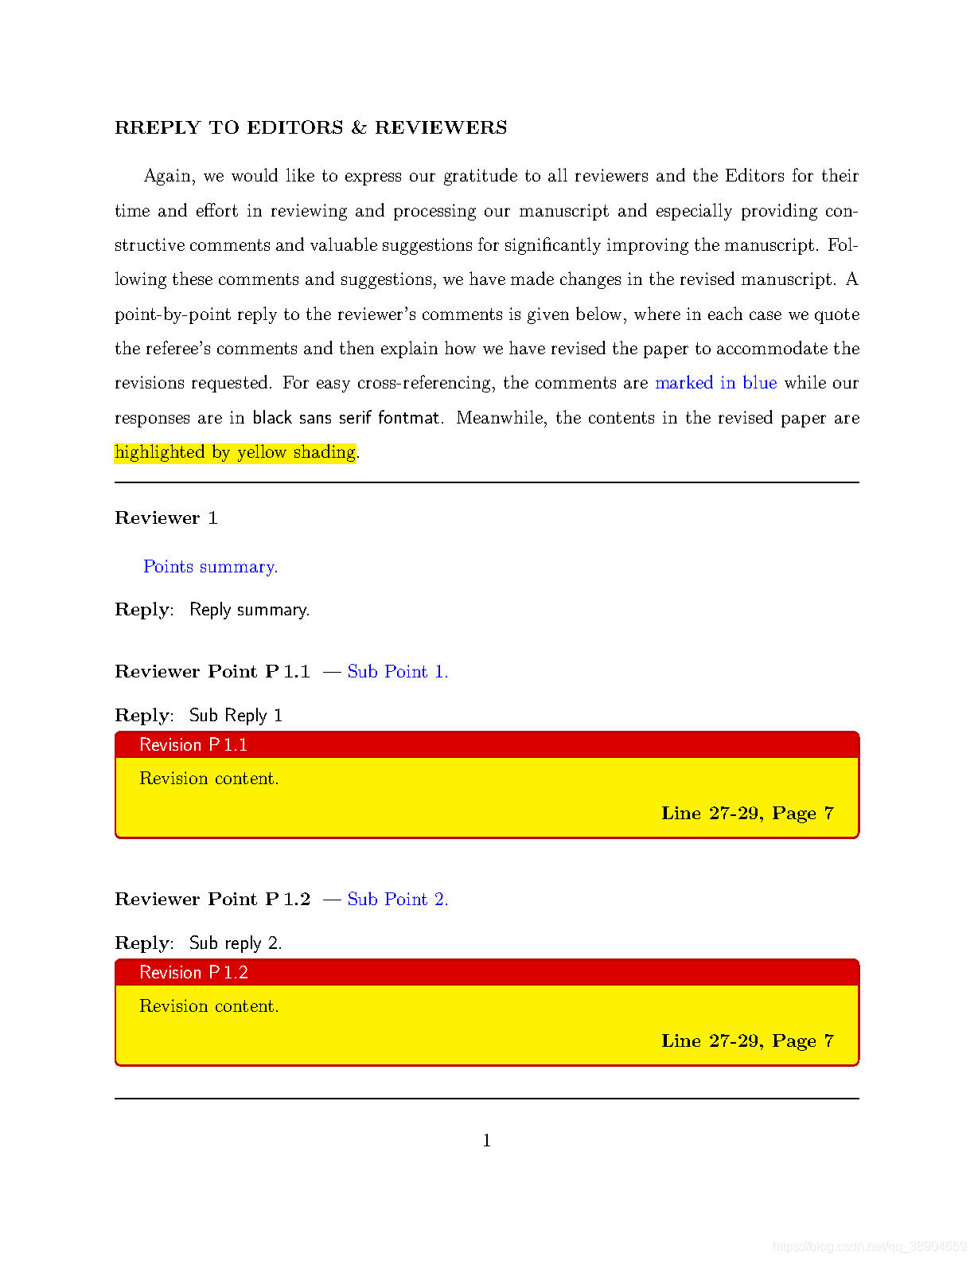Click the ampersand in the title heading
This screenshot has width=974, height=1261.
pos(359,128)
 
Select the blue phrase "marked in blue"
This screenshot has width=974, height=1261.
pos(715,383)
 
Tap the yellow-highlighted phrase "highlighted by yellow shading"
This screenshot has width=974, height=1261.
pos(235,452)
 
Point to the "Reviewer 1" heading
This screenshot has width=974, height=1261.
pos(166,518)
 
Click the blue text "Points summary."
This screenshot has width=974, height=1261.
pos(210,567)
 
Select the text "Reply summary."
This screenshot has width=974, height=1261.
pos(249,610)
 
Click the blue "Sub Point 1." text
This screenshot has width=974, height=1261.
pos(398,672)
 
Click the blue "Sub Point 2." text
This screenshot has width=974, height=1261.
pos(398,900)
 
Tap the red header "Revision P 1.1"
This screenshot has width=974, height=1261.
pos(193,745)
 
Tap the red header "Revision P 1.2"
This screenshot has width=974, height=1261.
pos(193,973)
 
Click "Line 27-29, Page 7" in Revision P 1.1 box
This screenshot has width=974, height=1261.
pos(747,814)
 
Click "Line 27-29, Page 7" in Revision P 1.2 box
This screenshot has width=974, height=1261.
pos(747,1041)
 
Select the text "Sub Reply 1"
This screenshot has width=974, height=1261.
pos(236,716)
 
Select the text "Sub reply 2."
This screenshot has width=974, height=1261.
pos(236,943)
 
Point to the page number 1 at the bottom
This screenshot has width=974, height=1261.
pos(487,1141)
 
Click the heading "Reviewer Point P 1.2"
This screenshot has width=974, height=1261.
pos(212,900)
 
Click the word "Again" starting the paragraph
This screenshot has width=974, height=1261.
pos(168,177)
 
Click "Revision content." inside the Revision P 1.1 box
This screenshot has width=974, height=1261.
pos(208,779)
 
